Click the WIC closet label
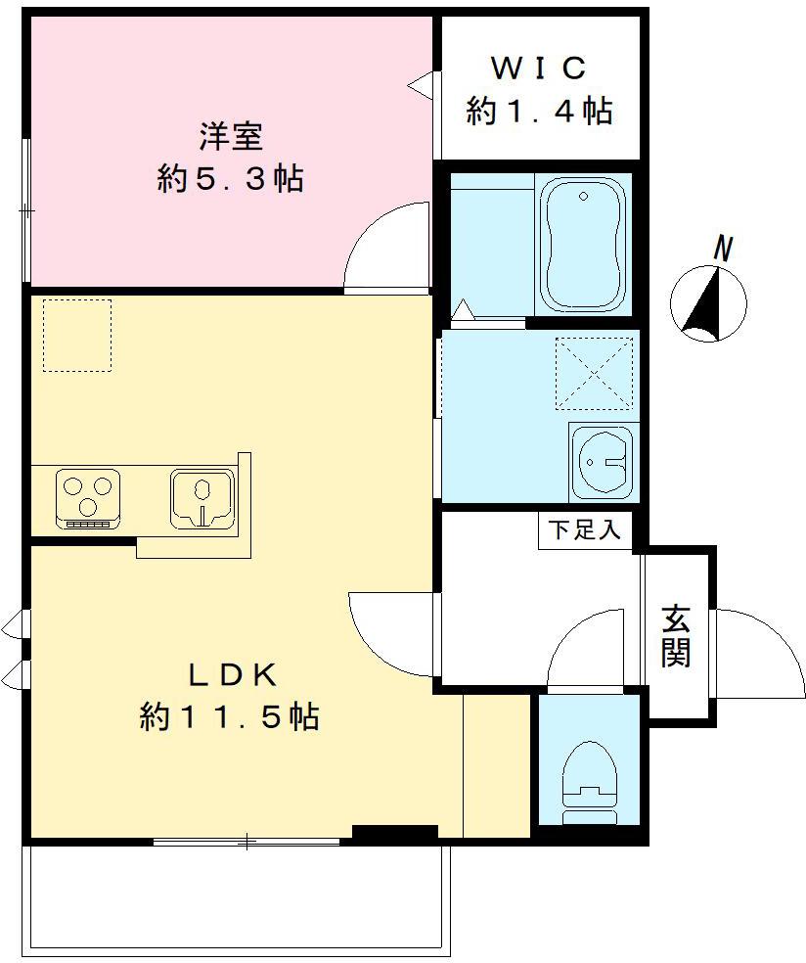539,68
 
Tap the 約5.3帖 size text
230,179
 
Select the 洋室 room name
232,136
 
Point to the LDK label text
233,675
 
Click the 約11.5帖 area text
230,716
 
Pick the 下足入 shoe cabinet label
584,530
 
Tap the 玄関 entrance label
675,636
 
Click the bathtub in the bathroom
583,245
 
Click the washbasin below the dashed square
604,461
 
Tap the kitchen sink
202,499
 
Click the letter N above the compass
725,249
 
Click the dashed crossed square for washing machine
594,373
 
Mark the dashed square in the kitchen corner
77,336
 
